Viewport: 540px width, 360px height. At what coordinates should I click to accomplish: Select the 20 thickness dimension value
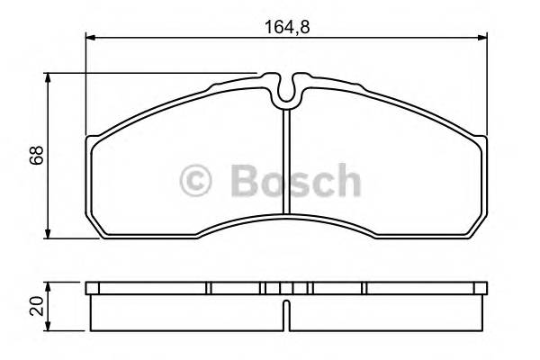(x=35, y=306)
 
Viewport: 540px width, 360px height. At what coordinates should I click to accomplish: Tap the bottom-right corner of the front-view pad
(x=481, y=236)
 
